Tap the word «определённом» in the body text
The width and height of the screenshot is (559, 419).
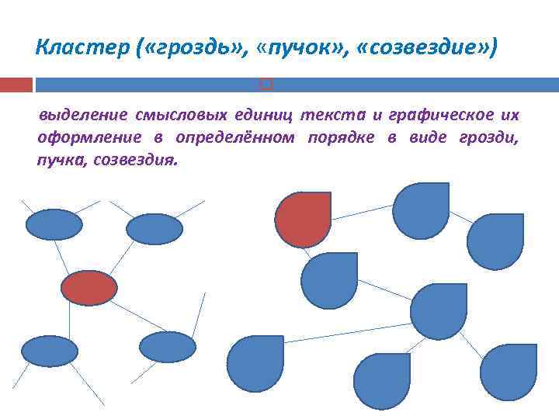pos(235,138)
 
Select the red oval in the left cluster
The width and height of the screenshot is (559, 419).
pos(89,288)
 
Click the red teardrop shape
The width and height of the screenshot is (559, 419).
pos(304,220)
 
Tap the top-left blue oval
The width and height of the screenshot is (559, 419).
pos(54,225)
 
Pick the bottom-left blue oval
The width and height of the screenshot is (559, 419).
pos(50,351)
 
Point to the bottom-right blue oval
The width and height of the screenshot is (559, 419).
pos(168,347)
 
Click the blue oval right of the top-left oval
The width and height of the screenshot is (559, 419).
pos(155,229)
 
